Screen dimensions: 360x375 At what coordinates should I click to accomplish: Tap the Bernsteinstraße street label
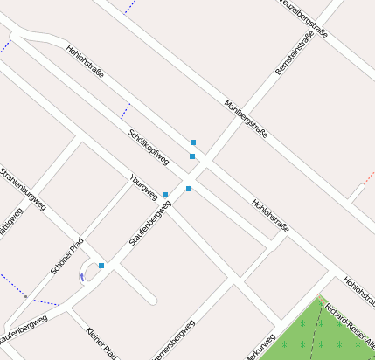pyautogui.click(x=294, y=52)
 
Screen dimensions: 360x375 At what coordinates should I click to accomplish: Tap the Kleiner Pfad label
pyautogui.click(x=101, y=343)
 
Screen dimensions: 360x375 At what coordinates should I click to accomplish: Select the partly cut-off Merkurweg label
pyautogui.click(x=260, y=347)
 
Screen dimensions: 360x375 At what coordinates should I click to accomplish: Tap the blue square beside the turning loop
pyautogui.click(x=101, y=266)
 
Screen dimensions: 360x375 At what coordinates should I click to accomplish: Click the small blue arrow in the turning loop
pyautogui.click(x=82, y=276)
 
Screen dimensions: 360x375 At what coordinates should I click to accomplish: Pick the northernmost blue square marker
pyautogui.click(x=193, y=142)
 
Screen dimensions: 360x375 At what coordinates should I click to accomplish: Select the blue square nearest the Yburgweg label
pyautogui.click(x=165, y=195)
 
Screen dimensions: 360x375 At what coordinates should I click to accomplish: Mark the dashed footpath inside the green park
pyautogui.click(x=312, y=336)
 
